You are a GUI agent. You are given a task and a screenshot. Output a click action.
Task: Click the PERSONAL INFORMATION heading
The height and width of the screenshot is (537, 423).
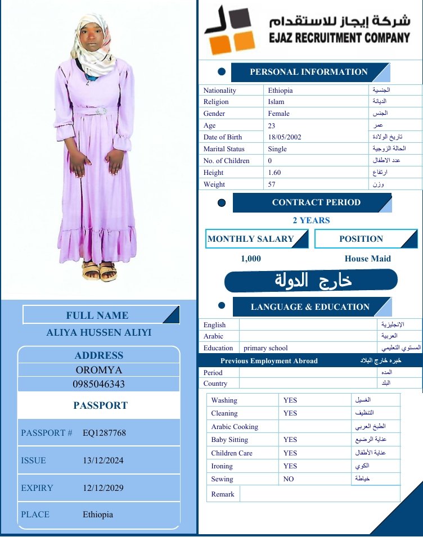click(x=308, y=72)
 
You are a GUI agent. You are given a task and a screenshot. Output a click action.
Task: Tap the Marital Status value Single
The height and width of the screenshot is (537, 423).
click(x=277, y=149)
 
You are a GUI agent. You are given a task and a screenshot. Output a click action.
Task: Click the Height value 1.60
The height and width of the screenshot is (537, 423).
click(x=274, y=173)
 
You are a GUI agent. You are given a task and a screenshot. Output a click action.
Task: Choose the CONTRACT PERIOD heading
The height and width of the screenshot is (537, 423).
click(x=316, y=202)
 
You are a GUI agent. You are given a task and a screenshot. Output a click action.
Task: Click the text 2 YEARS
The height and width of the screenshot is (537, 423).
click(x=311, y=220)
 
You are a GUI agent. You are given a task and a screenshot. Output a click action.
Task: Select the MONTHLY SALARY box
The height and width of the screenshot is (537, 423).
click(x=256, y=239)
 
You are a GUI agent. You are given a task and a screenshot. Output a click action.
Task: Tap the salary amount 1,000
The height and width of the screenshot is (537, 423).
click(x=251, y=259)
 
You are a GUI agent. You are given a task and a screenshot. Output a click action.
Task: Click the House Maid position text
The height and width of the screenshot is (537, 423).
click(x=367, y=259)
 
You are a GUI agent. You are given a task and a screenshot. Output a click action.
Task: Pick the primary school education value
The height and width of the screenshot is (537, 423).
click(x=265, y=348)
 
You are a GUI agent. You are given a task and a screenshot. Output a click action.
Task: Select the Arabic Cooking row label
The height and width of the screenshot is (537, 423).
click(x=235, y=427)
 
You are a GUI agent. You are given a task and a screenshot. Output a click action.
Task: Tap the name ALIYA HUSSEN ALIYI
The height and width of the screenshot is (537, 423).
click(x=99, y=332)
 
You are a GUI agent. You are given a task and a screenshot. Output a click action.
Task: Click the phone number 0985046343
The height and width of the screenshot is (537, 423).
click(x=99, y=384)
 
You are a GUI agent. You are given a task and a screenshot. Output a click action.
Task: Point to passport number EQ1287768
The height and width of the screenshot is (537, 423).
click(x=104, y=433)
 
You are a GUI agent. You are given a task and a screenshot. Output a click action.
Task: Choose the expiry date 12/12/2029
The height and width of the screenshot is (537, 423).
click(x=103, y=488)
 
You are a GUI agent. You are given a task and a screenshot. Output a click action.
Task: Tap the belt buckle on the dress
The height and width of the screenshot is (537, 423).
click(x=101, y=111)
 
